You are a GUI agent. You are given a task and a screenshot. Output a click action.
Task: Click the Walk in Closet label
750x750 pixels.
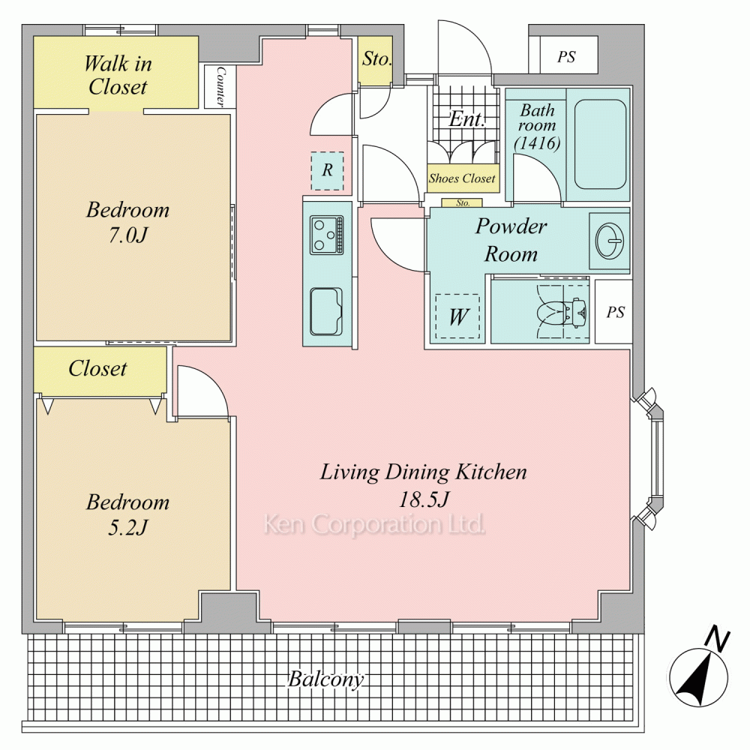pos(118,76)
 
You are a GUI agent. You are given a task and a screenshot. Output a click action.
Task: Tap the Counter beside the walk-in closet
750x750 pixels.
pos(220,86)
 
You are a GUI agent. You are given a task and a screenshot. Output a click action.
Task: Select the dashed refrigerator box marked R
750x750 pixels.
pos(327,171)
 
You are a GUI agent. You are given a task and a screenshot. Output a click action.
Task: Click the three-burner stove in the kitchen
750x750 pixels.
pos(327,235)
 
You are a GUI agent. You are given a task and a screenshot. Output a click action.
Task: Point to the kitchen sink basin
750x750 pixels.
pos(327,311)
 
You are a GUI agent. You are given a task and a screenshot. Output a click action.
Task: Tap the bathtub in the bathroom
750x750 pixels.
pos(600,145)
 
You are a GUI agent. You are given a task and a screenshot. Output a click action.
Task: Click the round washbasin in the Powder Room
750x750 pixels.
pos(610,240)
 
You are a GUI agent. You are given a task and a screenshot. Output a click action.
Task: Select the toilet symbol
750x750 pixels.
pos(562,311)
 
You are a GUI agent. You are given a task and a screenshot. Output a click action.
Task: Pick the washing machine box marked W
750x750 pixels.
pos(457,316)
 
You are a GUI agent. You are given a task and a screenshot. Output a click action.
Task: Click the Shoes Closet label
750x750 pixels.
pos(462,178)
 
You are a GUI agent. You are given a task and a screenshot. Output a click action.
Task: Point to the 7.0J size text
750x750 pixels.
pos(127,235)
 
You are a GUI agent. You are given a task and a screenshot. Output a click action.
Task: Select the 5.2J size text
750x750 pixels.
pos(127,527)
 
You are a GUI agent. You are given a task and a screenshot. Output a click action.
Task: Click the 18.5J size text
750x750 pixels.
pos(424,499)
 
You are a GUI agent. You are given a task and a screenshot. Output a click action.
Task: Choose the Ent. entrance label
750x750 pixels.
pos(466,118)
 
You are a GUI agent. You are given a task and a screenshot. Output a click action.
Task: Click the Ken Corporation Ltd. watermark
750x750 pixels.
pos(374,524)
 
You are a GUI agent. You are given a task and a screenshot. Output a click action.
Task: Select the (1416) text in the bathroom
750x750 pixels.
pos(537,142)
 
